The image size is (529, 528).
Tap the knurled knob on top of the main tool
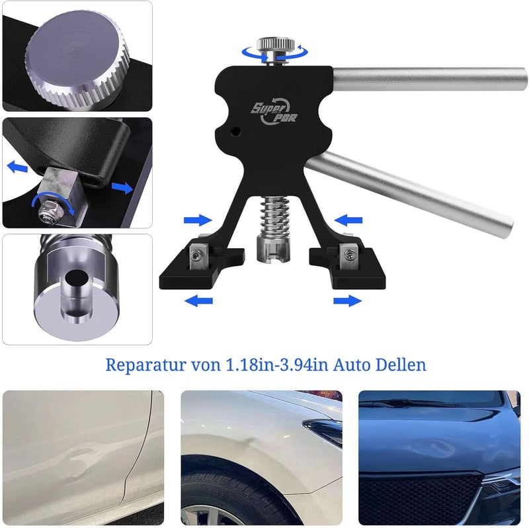click(x=276, y=44)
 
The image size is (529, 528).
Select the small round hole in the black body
click(x=236, y=130)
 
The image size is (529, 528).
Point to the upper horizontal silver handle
click(x=430, y=79)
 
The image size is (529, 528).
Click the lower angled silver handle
click(x=409, y=194)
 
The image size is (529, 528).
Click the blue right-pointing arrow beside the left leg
click(x=198, y=220)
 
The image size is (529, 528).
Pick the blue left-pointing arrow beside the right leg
click(x=348, y=220)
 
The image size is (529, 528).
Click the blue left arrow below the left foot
click(x=199, y=300)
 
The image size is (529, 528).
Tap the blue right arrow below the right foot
click(x=348, y=300)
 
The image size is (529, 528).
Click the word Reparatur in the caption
click(x=145, y=365)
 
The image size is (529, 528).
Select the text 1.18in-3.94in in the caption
click(x=276, y=365)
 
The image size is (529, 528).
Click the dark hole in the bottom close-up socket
click(x=77, y=278)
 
